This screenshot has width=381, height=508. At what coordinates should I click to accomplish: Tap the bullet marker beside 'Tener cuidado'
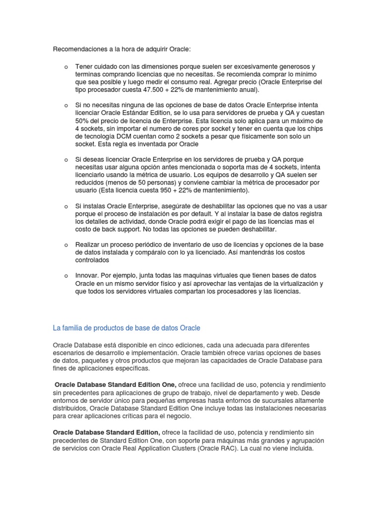(65, 66)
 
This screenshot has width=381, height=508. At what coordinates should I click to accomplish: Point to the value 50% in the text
(82, 121)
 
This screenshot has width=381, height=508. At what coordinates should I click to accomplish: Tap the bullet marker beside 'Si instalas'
(65, 206)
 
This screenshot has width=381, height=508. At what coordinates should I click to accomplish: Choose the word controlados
(92, 259)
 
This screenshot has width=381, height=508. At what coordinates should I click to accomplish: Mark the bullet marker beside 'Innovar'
(65, 275)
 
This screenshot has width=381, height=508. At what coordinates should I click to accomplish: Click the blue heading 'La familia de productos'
(127, 328)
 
